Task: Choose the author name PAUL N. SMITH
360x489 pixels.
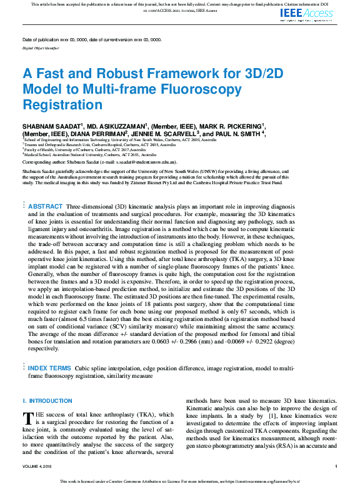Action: click(235, 133)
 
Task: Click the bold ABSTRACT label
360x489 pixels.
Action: click(46, 189)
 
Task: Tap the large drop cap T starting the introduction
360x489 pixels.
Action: click(27, 418)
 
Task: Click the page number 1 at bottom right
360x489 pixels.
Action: click(336, 466)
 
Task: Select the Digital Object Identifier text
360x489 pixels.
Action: click(41, 47)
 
